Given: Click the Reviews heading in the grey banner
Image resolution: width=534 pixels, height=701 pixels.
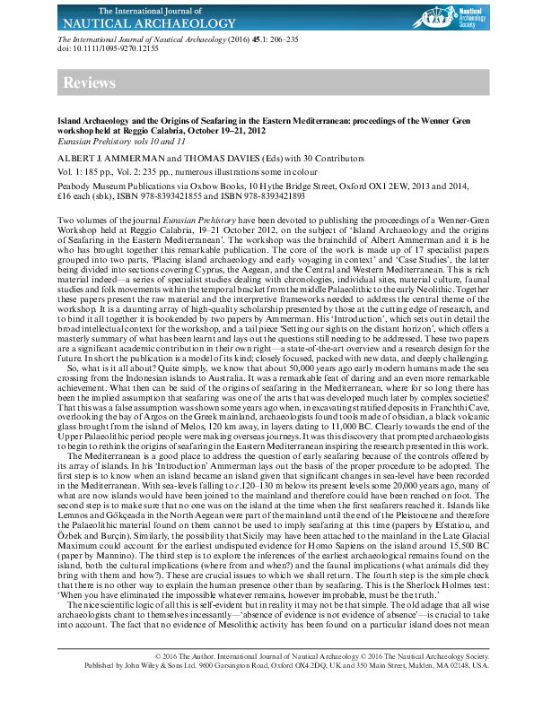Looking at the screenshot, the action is click(90, 83).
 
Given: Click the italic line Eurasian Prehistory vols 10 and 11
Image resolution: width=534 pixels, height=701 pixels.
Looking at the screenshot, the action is click(121, 141).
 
